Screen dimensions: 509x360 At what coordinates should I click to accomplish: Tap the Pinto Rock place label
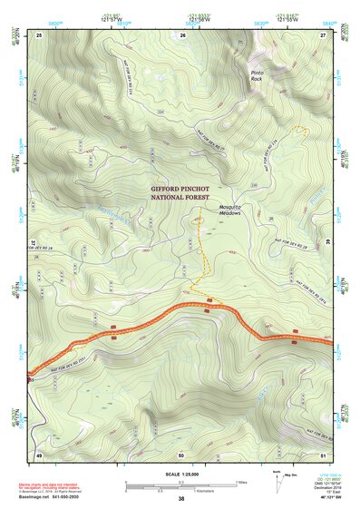coord(260,74)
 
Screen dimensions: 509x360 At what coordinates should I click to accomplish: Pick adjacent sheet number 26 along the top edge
coord(183,34)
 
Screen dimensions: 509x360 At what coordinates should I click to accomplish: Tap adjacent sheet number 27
coord(323,34)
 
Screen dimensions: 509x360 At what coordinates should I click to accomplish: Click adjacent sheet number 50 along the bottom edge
coord(181,454)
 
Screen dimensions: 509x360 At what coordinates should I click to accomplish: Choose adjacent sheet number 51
coord(323,454)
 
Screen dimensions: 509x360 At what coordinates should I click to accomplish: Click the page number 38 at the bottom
coord(181,499)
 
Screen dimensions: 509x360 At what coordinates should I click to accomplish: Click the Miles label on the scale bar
coord(241,483)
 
